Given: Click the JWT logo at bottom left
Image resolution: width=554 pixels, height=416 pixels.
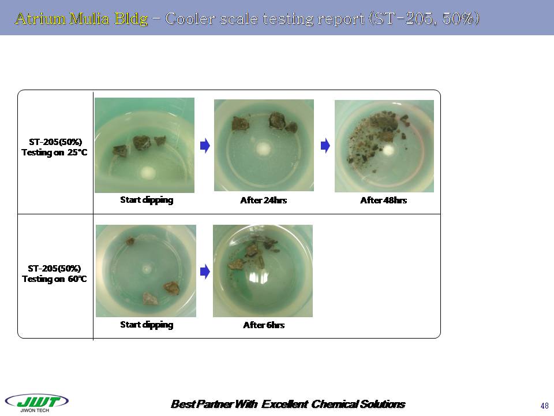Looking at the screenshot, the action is pyautogui.click(x=37, y=403).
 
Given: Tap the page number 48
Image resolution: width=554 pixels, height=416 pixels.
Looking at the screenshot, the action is pyautogui.click(x=544, y=406).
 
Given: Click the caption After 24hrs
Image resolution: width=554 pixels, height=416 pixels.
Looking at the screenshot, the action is pyautogui.click(x=263, y=200).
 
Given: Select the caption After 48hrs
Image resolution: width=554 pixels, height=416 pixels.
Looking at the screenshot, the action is pyautogui.click(x=383, y=200).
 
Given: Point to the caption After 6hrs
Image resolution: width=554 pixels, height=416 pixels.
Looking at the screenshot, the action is pyautogui.click(x=264, y=325).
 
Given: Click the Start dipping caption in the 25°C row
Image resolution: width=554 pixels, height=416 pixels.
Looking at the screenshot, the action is pyautogui.click(x=147, y=200).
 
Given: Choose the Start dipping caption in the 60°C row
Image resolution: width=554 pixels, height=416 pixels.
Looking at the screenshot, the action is pyautogui.click(x=147, y=325).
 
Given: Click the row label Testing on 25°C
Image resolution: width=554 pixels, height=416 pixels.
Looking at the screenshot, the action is pyautogui.click(x=54, y=153).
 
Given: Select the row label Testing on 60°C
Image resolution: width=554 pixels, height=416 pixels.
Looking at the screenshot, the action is pyautogui.click(x=54, y=278).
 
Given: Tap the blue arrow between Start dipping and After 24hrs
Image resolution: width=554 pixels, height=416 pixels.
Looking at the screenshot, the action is pyautogui.click(x=205, y=146).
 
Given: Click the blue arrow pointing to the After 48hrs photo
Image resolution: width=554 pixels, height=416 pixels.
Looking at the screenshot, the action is pyautogui.click(x=325, y=146).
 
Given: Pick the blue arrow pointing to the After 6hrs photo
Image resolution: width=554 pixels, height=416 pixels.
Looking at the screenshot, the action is pyautogui.click(x=205, y=272).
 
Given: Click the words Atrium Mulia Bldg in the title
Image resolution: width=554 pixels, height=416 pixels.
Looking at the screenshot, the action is pyautogui.click(x=81, y=18).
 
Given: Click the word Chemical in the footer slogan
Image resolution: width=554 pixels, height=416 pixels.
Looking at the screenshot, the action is pyautogui.click(x=333, y=404).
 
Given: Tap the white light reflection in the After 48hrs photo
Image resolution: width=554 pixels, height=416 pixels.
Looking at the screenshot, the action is pyautogui.click(x=388, y=150).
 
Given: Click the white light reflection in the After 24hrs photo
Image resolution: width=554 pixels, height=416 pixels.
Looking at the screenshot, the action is pyautogui.click(x=263, y=148).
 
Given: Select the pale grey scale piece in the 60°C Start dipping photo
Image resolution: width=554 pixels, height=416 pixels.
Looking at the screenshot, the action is pyautogui.click(x=150, y=298).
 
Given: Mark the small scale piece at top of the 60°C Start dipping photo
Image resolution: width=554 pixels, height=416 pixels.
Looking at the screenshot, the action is pyautogui.click(x=130, y=242).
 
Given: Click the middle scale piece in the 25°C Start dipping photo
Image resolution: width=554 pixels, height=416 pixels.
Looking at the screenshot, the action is pyautogui.click(x=142, y=142).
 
